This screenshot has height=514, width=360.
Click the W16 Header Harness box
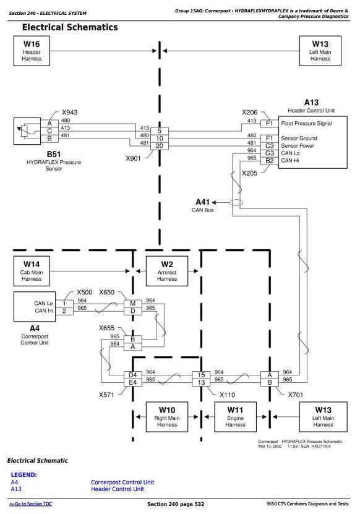pos(32,51)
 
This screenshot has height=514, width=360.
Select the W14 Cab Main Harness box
pos(32,271)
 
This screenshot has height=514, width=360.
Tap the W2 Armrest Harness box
pos(167,271)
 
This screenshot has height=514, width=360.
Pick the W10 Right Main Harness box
pos(167,417)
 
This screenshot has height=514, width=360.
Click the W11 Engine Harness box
pos(236,417)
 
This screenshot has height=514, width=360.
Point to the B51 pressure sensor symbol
pos(27,131)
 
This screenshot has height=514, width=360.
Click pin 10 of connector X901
pos(160,139)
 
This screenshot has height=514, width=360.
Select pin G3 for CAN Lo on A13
pos(270,153)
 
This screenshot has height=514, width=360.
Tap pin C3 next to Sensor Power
pos(270,146)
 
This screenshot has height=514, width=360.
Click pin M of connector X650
pos(133,304)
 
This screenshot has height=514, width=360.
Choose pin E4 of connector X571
pos(133,382)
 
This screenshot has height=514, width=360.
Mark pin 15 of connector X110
pos(201,375)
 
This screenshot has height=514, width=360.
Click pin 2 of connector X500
pos(64,311)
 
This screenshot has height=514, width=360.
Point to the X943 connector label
pos(69,112)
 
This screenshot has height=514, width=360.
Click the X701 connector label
pos(296,395)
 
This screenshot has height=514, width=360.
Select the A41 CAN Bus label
pos(203,205)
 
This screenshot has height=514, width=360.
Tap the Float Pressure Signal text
pos(306,123)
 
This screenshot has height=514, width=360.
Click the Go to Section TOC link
pos(30,504)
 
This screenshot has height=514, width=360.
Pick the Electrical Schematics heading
pos(70,27)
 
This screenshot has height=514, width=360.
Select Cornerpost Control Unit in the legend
pos(122,482)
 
